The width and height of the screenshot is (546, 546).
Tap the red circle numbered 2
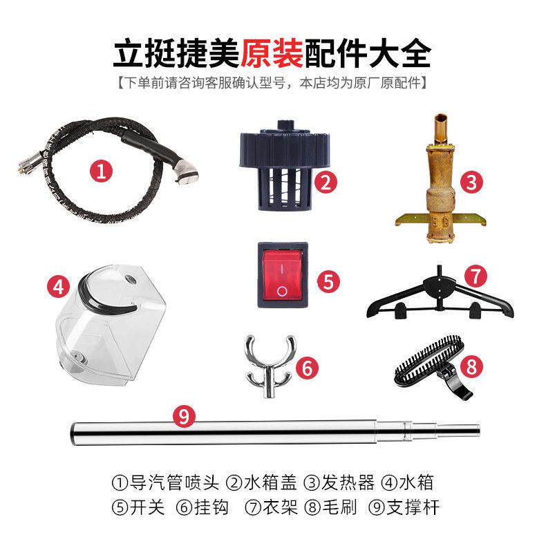coord(326,182)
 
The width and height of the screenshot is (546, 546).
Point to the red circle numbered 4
coord(59,286)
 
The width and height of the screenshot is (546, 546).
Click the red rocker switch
coord(281,274)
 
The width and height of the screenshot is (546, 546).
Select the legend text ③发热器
coord(330,482)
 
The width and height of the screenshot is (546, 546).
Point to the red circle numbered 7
coord(474,276)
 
